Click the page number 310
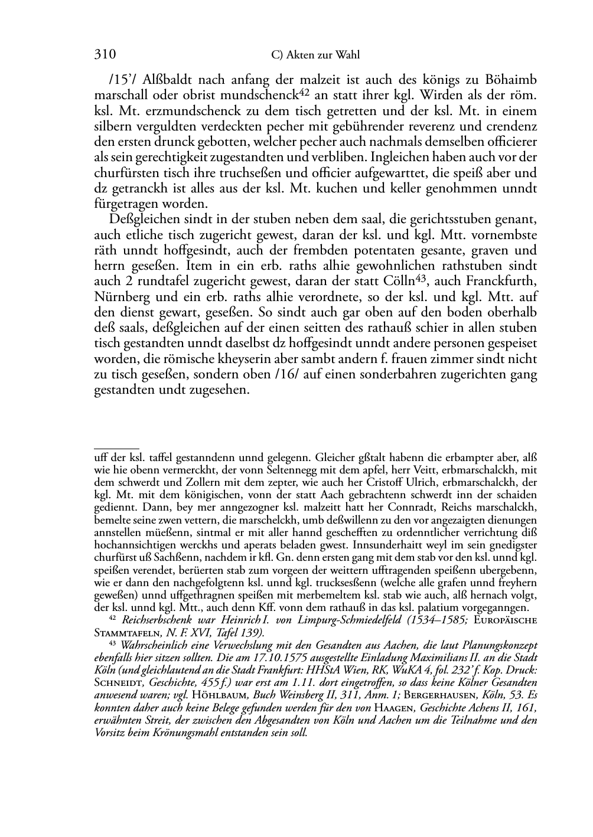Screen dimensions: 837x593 pos(105,55)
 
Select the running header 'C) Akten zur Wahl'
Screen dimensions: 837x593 pos(315,55)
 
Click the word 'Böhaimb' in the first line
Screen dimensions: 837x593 pos(510,79)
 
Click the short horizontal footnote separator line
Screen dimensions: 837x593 pos(116,449)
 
